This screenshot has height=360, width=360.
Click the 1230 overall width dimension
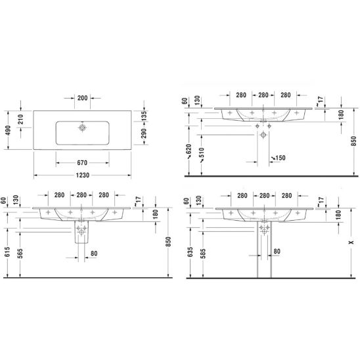tap(82, 175)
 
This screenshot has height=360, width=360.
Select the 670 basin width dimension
tap(82, 163)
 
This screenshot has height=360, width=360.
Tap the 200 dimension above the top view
tap(82, 98)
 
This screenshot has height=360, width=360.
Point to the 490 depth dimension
tap(9, 130)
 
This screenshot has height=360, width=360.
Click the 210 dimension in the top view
tap(20, 119)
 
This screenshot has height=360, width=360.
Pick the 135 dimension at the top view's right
tap(143, 116)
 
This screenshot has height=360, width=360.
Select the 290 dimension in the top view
tap(143, 133)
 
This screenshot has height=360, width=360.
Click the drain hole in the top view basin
tap(82, 127)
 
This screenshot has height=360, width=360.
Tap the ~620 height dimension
tap(189, 151)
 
